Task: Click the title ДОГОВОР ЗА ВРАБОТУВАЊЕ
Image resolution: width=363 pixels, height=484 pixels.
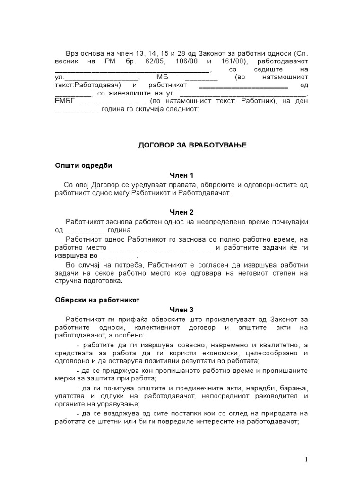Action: pyautogui.click(x=182, y=144)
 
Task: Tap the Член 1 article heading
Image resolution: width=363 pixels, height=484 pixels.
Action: pyautogui.click(x=182, y=175)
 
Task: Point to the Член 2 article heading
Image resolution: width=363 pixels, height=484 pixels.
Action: pyautogui.click(x=182, y=212)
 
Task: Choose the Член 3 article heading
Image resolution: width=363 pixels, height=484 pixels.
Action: pyautogui.click(x=182, y=310)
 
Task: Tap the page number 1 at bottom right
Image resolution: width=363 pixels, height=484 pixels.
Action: pyautogui.click(x=306, y=459)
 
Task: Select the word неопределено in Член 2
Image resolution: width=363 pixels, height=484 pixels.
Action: pyautogui.click(x=215, y=221)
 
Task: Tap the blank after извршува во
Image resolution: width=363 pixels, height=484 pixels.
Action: pyautogui.click(x=118, y=258)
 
